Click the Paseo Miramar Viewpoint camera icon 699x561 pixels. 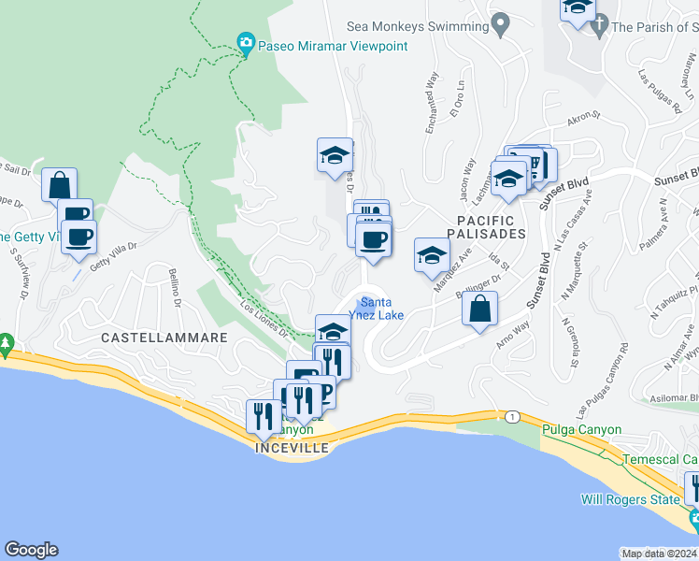click(246, 43)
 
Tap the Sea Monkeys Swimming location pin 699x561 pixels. click(501, 23)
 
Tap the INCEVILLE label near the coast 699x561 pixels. click(292, 448)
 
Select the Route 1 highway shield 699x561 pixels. click(512, 415)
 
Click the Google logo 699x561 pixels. click(31, 550)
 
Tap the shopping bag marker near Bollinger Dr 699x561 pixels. click(479, 309)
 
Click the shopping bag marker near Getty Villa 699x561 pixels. click(59, 184)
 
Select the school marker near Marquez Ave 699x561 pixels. click(431, 255)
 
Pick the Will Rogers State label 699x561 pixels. click(631, 499)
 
